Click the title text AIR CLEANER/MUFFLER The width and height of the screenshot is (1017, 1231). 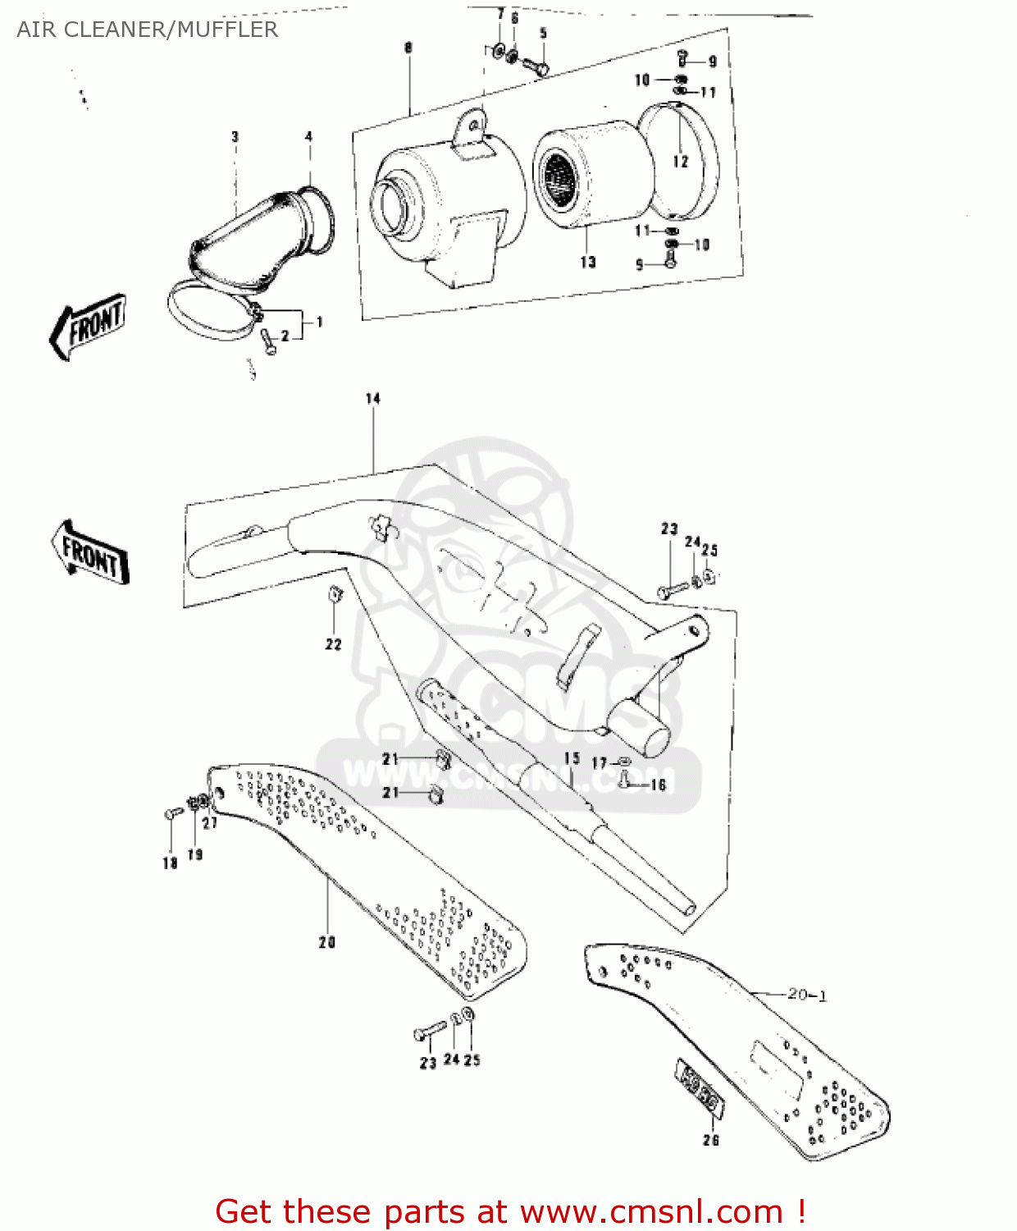[x=148, y=30]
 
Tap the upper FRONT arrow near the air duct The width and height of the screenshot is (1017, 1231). [x=89, y=325]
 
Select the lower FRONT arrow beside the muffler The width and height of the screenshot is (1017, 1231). [x=90, y=552]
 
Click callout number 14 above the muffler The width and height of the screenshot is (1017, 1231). [x=373, y=399]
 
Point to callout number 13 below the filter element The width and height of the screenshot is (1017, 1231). [x=588, y=263]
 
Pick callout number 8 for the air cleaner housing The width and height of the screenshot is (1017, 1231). [x=408, y=48]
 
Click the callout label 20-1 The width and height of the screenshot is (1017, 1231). [x=807, y=995]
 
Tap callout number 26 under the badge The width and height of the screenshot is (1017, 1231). [x=710, y=1140]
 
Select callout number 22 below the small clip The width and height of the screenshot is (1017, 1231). [x=333, y=645]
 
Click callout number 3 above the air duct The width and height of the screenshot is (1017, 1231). [x=235, y=137]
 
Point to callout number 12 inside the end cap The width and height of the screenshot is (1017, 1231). [x=681, y=162]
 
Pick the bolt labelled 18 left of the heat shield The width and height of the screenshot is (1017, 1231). [x=173, y=813]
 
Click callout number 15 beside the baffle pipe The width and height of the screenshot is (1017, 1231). [x=572, y=759]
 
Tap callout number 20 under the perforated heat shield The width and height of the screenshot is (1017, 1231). [x=327, y=943]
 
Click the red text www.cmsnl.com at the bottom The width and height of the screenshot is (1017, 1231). [x=651, y=1211]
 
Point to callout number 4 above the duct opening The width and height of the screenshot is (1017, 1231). [x=308, y=137]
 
